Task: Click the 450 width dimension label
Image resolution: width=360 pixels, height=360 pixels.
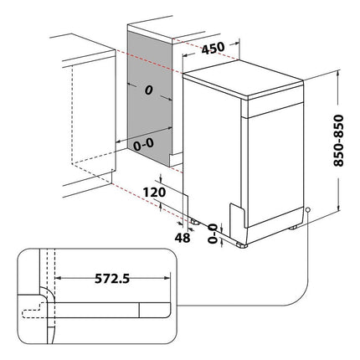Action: coord(213,49)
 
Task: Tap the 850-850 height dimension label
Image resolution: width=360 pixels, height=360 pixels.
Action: coord(338,141)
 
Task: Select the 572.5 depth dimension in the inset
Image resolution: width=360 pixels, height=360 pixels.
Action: coord(112,279)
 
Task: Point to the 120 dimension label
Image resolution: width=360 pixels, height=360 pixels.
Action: coord(154,193)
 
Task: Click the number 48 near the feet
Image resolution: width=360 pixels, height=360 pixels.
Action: coord(183,238)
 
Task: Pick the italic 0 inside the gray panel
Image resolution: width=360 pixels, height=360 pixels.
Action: coord(149,90)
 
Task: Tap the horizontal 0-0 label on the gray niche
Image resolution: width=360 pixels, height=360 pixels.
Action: coord(143,145)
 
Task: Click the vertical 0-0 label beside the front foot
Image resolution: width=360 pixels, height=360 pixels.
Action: coord(213,234)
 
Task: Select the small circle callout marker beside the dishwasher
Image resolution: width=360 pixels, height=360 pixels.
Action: coord(308,209)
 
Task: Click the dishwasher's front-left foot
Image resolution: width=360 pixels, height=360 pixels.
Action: coord(242,245)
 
